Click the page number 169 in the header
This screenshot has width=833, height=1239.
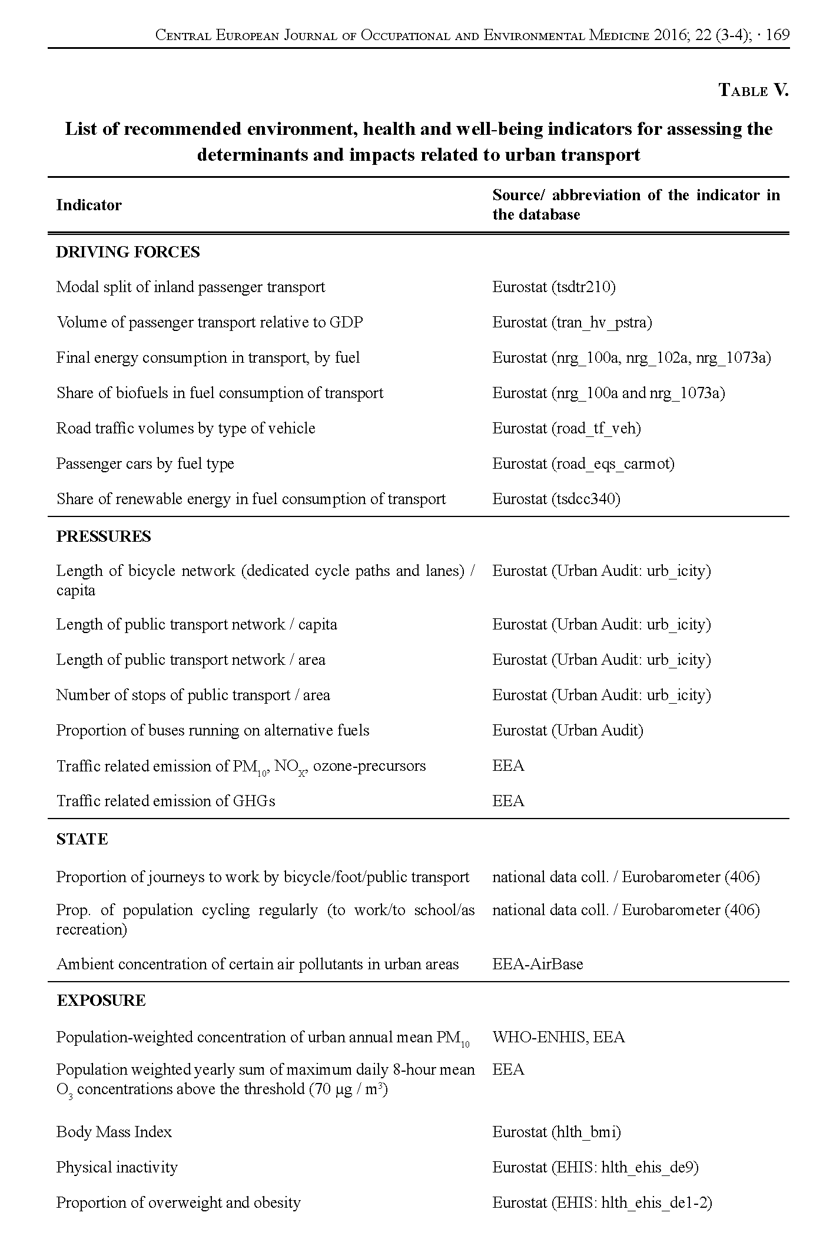[778, 35]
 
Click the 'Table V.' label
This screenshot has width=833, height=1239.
[753, 90]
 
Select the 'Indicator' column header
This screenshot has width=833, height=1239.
[89, 205]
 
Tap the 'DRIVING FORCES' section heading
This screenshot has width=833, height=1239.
[128, 252]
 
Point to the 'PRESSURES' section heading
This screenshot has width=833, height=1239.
[104, 536]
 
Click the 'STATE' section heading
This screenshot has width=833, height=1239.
[82, 839]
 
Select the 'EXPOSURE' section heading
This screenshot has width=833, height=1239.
[101, 1001]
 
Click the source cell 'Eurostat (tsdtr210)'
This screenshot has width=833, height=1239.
[554, 287]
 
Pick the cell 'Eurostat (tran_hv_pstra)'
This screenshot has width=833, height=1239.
[572, 322]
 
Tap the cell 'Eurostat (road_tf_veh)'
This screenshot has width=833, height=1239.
[566, 428]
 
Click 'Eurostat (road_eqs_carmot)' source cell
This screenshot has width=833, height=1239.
[583, 463]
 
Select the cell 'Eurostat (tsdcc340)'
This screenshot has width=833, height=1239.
[556, 499]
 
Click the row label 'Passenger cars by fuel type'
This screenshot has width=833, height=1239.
[145, 463]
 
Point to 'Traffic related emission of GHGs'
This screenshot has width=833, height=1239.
[165, 801]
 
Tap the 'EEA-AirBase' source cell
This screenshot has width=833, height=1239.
[537, 964]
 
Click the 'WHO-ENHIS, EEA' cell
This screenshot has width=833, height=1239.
[558, 1037]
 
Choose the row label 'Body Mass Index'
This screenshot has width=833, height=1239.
[114, 1131]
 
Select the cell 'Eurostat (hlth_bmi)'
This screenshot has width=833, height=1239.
[556, 1131]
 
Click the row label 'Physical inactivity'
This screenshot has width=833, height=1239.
[117, 1167]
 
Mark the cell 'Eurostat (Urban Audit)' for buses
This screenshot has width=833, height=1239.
[567, 730]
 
